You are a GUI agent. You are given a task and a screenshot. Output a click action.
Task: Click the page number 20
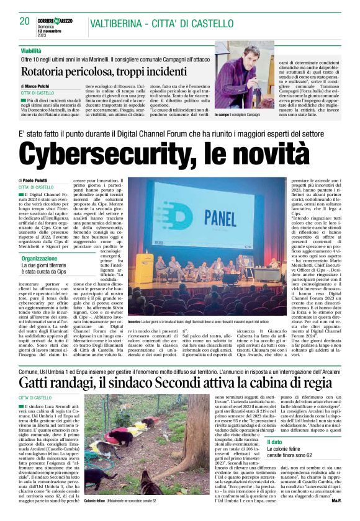pyautogui.click(x=25, y=20)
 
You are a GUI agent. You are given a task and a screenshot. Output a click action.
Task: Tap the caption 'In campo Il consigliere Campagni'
pyautogui.click(x=246, y=115)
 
